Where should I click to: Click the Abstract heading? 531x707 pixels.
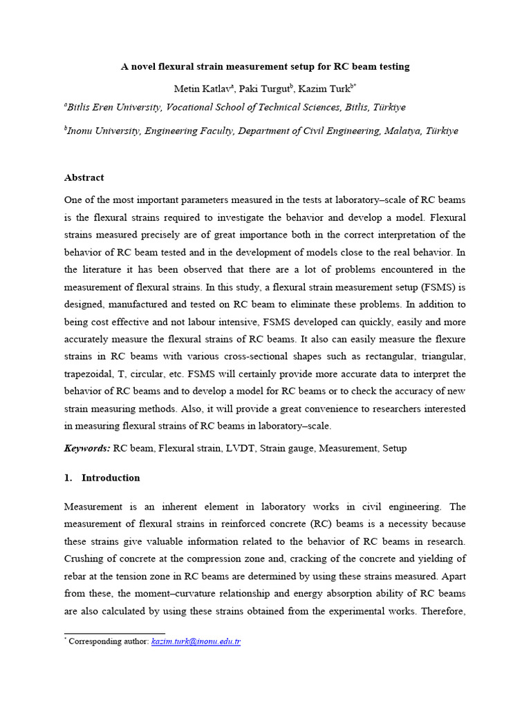pyautogui.click(x=84, y=177)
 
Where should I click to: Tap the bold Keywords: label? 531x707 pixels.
pyautogui.click(x=87, y=448)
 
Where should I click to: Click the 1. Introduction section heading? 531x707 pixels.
pyautogui.click(x=102, y=478)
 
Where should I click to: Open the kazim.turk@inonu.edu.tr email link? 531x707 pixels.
pyautogui.click(x=196, y=641)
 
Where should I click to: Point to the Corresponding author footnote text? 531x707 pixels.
pyautogui.click(x=108, y=641)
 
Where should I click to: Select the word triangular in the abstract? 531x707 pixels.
pyautogui.click(x=440, y=339)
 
